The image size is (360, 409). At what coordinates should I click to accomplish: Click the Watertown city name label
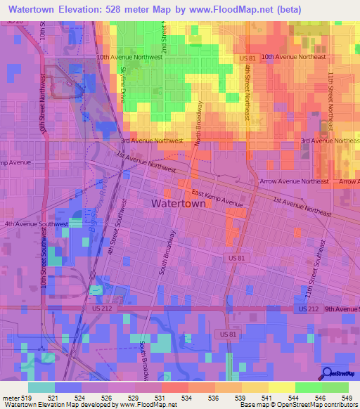[179, 203]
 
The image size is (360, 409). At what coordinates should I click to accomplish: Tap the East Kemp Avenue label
[217, 200]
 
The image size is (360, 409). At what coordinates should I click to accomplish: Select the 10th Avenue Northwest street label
[129, 58]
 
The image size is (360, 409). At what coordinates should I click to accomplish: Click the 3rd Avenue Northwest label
[151, 141]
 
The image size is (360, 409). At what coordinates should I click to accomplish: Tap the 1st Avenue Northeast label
[302, 205]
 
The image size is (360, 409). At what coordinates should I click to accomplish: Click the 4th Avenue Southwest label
[36, 224]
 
